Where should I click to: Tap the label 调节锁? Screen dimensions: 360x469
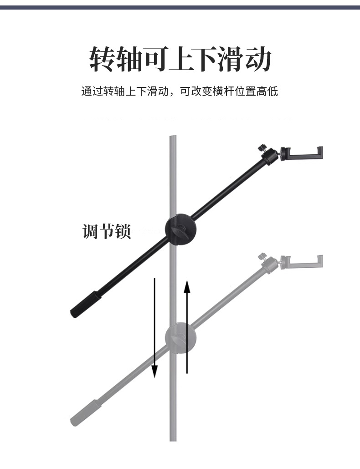click(107, 231)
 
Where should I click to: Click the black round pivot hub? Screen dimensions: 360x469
click(180, 229)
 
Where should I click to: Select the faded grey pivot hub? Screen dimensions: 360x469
click(181, 338)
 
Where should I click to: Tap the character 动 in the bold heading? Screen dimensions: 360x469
click(258, 60)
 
